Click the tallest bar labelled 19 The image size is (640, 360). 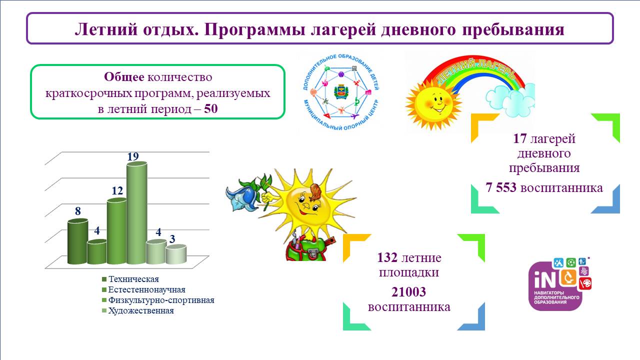pyautogui.click(x=137, y=213)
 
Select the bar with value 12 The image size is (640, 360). pyautogui.click(x=116, y=231)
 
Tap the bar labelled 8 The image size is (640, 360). pyautogui.click(x=77, y=241)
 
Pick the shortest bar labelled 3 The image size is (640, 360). pyautogui.click(x=176, y=254)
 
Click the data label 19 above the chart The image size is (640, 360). pyautogui.click(x=133, y=156)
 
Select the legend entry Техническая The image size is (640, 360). pyautogui.click(x=130, y=279)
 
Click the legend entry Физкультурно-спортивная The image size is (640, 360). pyautogui.click(x=158, y=300)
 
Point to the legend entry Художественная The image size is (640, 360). pyautogui.click(x=138, y=310)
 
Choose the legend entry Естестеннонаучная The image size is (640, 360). pyautogui.click(x=143, y=289)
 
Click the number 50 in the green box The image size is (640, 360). pyautogui.click(x=211, y=109)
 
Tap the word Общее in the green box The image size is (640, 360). pyautogui.click(x=124, y=77)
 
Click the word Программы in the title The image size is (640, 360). pyautogui.click(x=254, y=29)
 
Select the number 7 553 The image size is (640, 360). pyautogui.click(x=501, y=187)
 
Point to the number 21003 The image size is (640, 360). pyautogui.click(x=408, y=292)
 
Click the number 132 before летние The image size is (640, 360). pyautogui.click(x=387, y=257)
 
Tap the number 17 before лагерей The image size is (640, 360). pyautogui.click(x=519, y=138)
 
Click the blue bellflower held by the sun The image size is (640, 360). pyautogui.click(x=243, y=195)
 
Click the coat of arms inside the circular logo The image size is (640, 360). pyautogui.click(x=340, y=91)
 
